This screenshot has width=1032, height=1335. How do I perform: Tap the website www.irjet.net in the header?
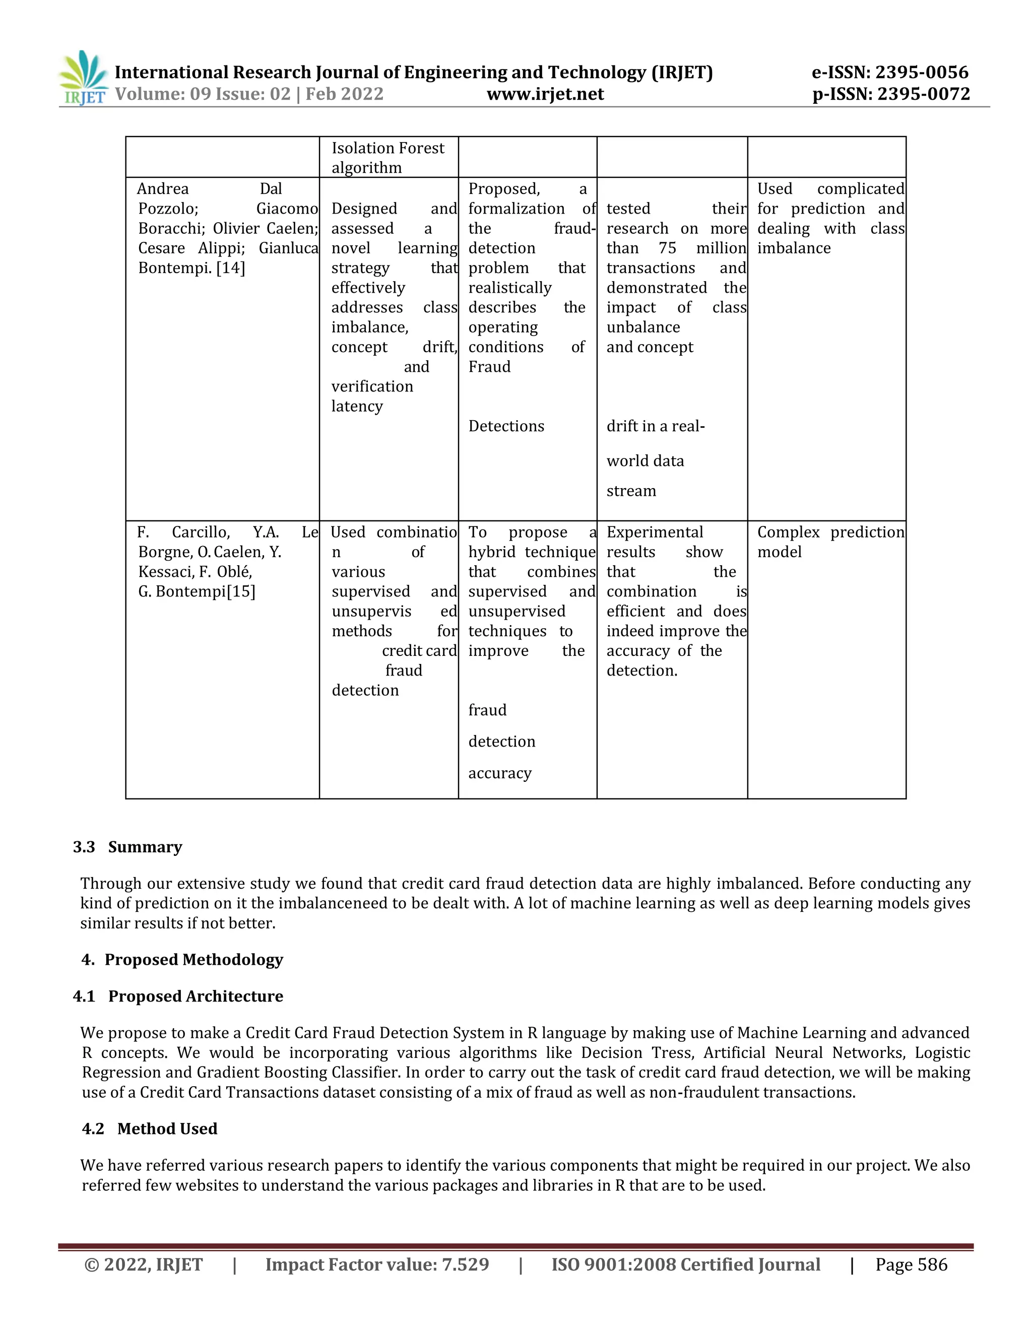545,94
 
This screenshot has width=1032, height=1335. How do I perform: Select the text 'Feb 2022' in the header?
344,94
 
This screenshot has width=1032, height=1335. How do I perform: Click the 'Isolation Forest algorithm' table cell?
388,158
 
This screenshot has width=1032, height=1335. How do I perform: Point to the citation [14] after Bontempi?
230,268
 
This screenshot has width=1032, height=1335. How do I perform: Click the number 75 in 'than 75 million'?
667,248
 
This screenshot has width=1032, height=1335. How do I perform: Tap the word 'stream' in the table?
631,491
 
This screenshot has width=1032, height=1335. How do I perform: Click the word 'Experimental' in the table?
654,532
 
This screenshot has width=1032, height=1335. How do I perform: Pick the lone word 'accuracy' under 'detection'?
499,773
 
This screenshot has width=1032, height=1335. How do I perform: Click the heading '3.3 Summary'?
128,847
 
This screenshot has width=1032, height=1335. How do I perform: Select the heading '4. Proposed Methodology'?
182,959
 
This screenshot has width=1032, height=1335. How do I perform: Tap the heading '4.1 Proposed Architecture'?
178,996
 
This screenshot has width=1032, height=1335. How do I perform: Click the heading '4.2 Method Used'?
150,1128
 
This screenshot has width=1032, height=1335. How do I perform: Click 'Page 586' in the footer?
911,1264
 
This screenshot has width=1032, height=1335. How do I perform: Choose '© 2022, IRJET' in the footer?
143,1264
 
